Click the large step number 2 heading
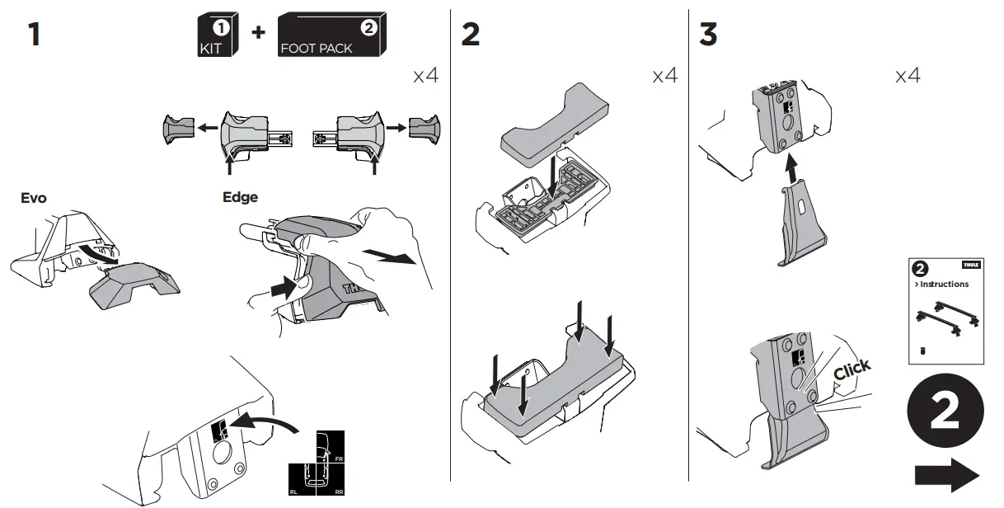[470, 35]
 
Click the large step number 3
[708, 35]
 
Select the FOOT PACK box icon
[331, 36]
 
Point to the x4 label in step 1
[425, 77]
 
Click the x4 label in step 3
[908, 77]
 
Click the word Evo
[34, 198]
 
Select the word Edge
[240, 198]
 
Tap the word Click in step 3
[852, 370]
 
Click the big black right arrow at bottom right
[946, 476]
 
